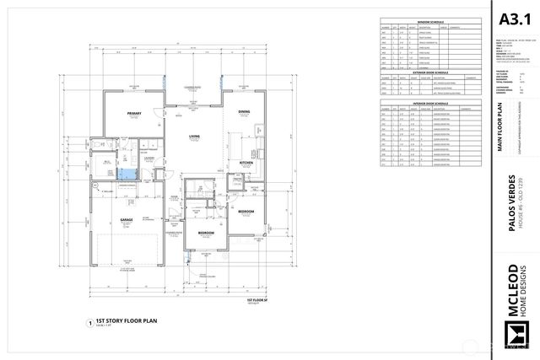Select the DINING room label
pos(243,112)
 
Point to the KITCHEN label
pos(246,162)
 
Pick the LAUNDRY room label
pos(148,157)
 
